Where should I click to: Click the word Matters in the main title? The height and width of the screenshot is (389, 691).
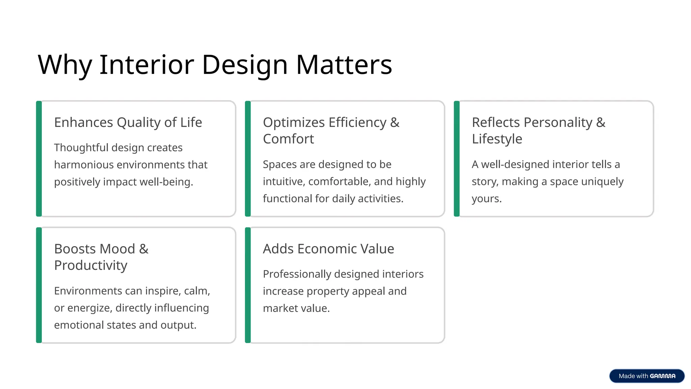[344, 64]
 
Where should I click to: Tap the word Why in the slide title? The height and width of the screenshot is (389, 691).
[64, 64]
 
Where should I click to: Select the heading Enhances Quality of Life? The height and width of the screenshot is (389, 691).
[128, 122]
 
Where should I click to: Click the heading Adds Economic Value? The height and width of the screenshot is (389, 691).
[328, 249]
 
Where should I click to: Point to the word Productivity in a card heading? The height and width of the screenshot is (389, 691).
[91, 265]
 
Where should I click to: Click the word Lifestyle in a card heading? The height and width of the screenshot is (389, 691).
[497, 139]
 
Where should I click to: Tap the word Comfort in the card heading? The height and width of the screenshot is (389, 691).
[288, 139]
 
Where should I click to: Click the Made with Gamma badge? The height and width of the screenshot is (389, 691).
[646, 376]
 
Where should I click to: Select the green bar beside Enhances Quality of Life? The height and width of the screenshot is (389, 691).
[39, 159]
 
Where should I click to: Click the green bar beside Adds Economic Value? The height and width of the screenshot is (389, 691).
[248, 285]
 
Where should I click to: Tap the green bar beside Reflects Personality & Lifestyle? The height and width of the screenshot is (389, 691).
[457, 159]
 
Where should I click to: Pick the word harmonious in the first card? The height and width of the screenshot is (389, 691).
[83, 165]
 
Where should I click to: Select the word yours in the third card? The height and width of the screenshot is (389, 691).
[486, 199]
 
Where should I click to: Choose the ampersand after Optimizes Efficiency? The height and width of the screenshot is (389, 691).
[395, 122]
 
